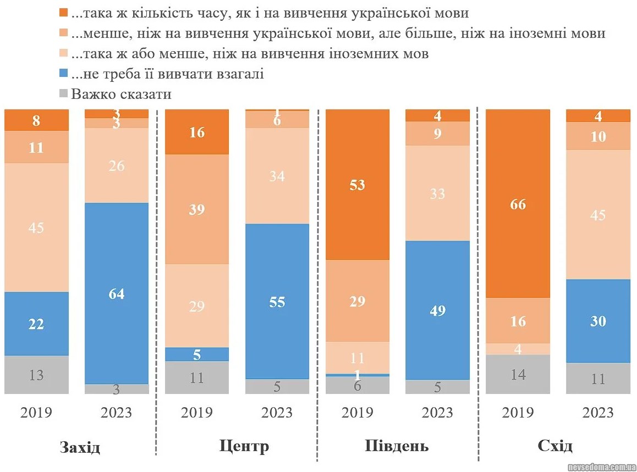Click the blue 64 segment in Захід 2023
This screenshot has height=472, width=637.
tap(117, 293)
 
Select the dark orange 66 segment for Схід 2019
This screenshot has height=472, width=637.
tap(518, 204)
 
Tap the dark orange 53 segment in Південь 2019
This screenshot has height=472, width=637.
tap(358, 185)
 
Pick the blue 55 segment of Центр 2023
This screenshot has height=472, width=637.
tap(277, 301)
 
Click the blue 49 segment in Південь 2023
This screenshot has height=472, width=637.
tap(438, 310)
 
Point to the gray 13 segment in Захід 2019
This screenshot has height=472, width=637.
tap(36, 375)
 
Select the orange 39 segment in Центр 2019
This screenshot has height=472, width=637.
tap(197, 209)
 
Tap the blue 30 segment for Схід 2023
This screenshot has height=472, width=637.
tap(598, 320)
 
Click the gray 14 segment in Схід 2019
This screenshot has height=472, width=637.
tap(518, 374)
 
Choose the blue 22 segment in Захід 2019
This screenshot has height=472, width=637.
tap(36, 324)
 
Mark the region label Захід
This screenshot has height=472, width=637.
tap(80, 447)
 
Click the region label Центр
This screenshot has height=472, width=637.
tap(244, 446)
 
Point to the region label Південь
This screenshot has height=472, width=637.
tap(397, 446)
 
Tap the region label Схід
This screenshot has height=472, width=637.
tap(555, 446)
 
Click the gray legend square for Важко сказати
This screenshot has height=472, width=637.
tap(63, 94)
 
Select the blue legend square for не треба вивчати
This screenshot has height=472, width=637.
tap(63, 74)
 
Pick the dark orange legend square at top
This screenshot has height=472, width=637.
tap(63, 12)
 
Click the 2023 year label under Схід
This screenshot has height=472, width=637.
tap(598, 413)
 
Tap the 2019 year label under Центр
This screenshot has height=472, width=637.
tap(197, 413)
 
